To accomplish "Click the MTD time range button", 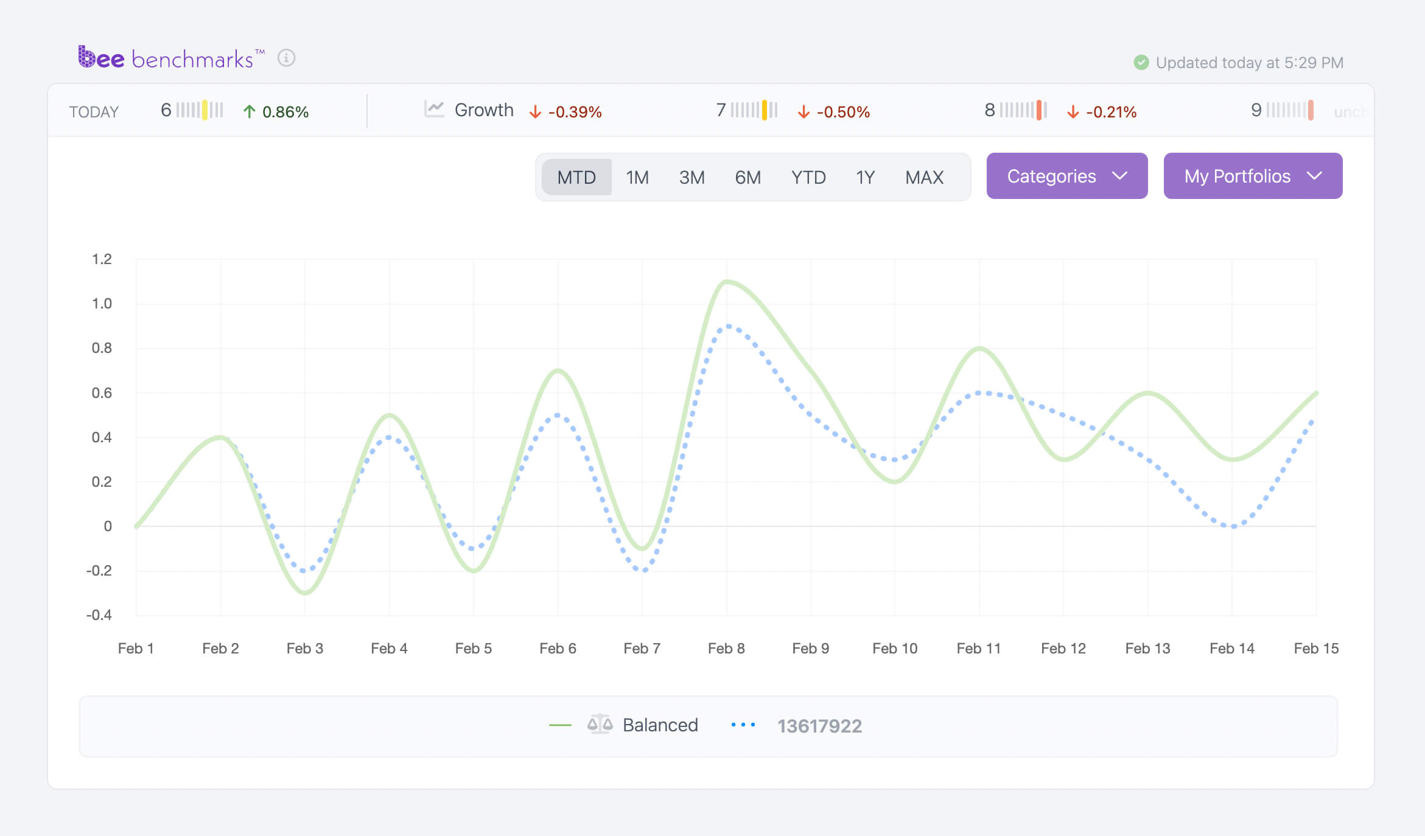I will [576, 177].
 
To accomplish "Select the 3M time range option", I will [691, 177].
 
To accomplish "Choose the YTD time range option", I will [808, 177].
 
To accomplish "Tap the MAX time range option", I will [923, 177].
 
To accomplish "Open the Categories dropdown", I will [1066, 176].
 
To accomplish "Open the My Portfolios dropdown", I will [1252, 176].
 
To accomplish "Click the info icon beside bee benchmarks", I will [286, 58].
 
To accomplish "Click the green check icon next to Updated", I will [1141, 63].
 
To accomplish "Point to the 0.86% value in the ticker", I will [285, 112].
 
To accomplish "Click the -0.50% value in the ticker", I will [842, 112].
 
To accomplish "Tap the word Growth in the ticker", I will [484, 110].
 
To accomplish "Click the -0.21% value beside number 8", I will [1111, 112].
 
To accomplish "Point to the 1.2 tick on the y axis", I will [102, 259].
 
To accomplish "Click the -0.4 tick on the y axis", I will [99, 615].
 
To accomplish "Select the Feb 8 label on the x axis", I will [726, 649].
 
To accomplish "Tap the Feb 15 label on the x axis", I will [1316, 649].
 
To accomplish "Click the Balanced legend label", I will [660, 725].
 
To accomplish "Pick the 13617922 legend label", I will [819, 726].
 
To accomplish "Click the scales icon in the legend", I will [600, 724].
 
